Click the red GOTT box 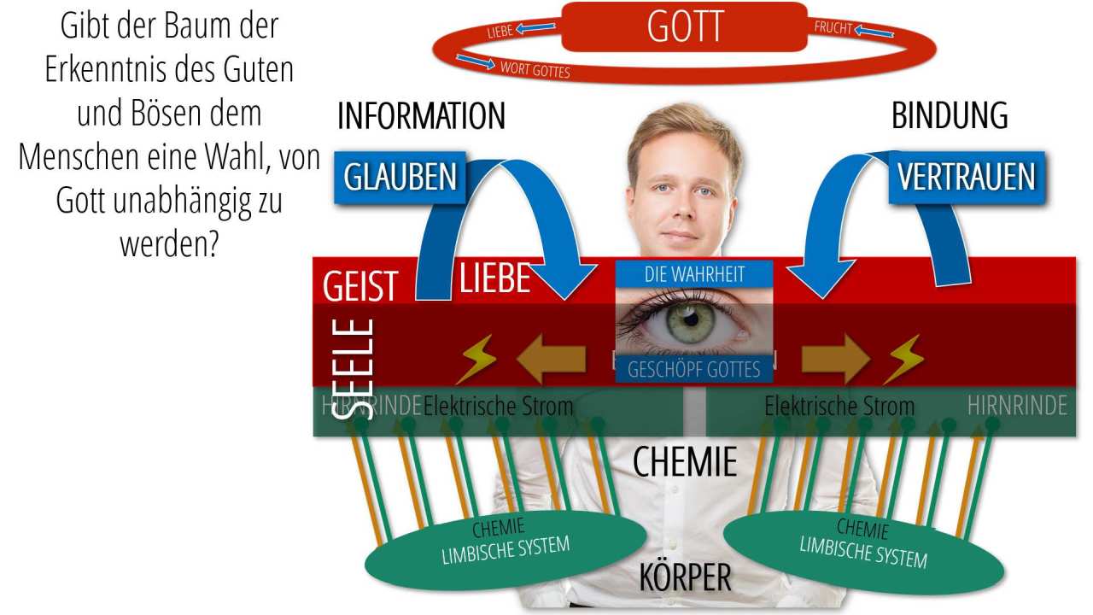tap(684, 26)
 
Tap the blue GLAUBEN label tap(400, 177)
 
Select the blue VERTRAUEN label tap(966, 177)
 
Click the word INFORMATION tap(421, 116)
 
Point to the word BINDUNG tap(950, 116)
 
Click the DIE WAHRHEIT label tap(694, 274)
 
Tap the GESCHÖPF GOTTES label tap(693, 370)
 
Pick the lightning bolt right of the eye tap(903, 360)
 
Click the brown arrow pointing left tap(552, 360)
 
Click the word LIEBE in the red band tap(495, 278)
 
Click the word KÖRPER tap(686, 578)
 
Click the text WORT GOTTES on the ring tap(535, 69)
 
